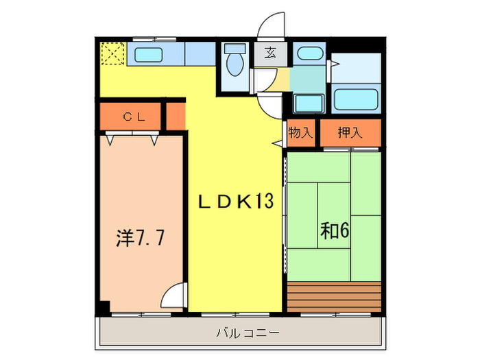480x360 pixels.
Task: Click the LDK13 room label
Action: coord(236,202)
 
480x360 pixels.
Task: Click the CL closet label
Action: coord(134,117)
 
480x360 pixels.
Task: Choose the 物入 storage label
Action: coord(300,132)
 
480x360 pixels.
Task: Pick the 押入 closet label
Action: coord(350,132)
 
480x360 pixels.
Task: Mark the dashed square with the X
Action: coord(112,53)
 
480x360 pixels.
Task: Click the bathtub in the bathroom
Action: coord(357,99)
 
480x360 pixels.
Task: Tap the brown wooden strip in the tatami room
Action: coord(334,294)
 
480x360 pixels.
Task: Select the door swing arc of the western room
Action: coord(174,296)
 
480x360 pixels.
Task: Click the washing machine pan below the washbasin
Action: coord(310,103)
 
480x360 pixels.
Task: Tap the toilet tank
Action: coord(235,50)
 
